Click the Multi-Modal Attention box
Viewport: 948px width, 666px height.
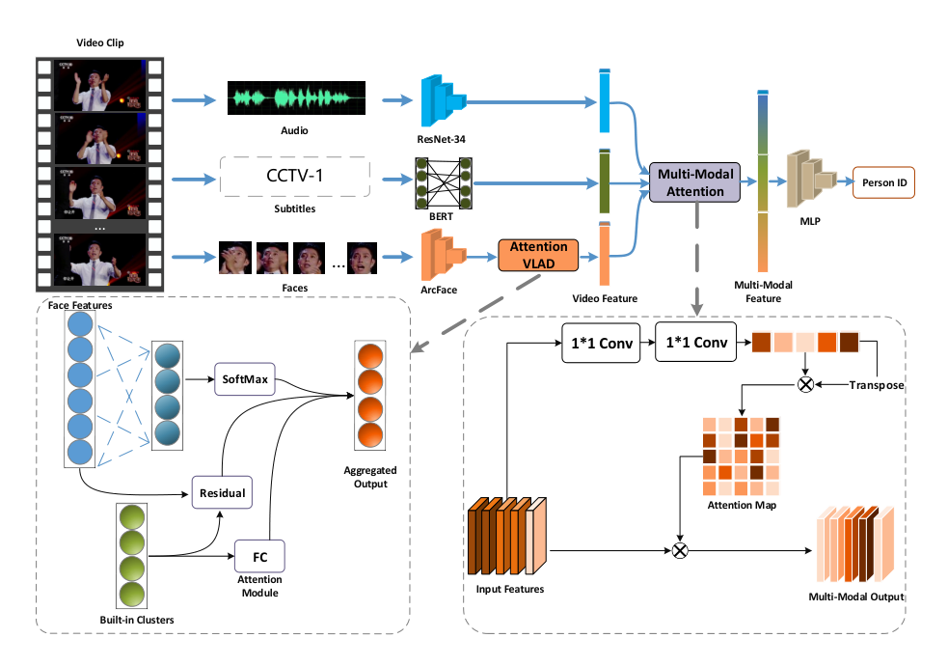(x=694, y=182)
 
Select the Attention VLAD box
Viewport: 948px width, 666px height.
(x=538, y=255)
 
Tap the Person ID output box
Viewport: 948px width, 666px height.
(x=884, y=182)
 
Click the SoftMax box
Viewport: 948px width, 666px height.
(x=245, y=379)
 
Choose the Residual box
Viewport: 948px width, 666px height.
(x=222, y=492)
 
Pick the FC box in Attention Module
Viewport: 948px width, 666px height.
(x=259, y=557)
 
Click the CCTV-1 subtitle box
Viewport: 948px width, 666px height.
(x=295, y=176)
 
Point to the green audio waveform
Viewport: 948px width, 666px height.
(x=296, y=98)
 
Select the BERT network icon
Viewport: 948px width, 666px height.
(x=444, y=183)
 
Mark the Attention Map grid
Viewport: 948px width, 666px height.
(x=742, y=457)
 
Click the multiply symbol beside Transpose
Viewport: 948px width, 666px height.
(x=805, y=385)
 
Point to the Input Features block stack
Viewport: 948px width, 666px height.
(x=507, y=536)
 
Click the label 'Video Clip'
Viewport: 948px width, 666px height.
(x=99, y=42)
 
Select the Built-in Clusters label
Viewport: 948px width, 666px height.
(x=137, y=620)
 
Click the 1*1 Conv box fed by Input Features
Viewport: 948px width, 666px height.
(x=601, y=343)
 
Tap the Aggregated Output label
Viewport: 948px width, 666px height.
(x=370, y=477)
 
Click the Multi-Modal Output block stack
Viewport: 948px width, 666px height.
(x=855, y=544)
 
